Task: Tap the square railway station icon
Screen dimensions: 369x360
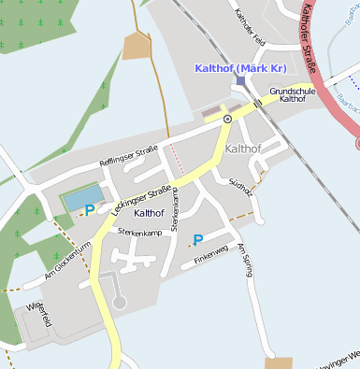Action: point(240,81)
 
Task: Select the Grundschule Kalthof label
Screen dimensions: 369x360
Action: point(287,94)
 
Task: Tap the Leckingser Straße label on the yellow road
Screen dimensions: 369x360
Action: point(140,201)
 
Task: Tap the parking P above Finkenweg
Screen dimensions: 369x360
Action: point(198,240)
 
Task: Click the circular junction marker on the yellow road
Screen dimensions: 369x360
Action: point(227,120)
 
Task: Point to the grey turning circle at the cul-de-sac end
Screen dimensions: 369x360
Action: point(119,302)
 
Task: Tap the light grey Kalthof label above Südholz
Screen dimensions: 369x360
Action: point(243,149)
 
